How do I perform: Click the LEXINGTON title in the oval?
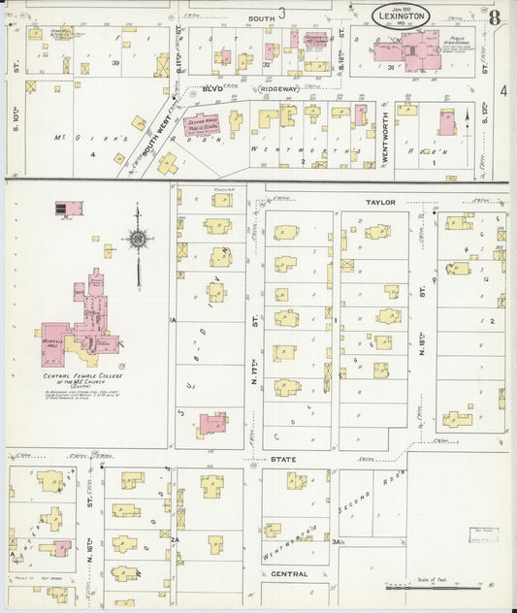coord(402,17)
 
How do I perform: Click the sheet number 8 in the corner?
coord(495,16)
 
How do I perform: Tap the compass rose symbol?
coord(138,239)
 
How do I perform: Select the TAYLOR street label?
coord(382,202)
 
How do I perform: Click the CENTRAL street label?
coord(289,573)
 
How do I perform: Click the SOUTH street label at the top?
coord(260,17)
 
